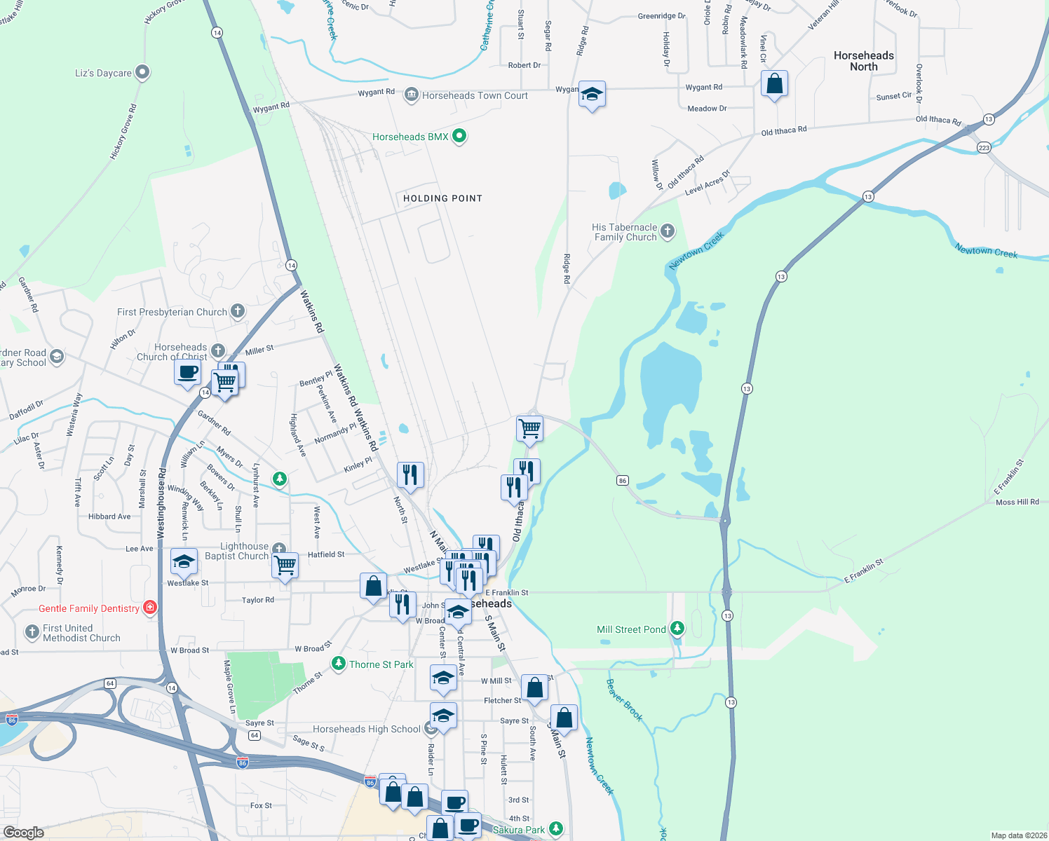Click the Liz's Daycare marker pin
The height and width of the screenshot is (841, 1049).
142,72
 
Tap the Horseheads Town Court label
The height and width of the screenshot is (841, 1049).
475,95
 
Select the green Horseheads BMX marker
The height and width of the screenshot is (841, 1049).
459,136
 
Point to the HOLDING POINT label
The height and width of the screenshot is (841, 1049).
442,198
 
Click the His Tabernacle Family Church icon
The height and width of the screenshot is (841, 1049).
668,231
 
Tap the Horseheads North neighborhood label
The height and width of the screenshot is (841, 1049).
863,61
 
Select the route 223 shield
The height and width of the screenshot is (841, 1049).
984,148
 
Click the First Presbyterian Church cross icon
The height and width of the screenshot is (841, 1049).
238,311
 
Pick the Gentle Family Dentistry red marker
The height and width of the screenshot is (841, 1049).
150,608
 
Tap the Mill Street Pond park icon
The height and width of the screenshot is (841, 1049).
677,629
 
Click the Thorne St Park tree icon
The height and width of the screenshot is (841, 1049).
339,663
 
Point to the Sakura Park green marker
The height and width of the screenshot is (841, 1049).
556,829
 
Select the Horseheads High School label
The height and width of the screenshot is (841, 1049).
366,729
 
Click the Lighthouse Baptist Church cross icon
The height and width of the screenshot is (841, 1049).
279,549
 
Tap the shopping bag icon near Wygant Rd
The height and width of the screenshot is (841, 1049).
774,84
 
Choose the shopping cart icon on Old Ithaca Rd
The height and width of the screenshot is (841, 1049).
529,428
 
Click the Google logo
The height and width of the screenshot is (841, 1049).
24,832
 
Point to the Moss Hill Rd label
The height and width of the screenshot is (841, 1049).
1017,502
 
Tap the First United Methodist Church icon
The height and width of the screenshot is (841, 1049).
32,632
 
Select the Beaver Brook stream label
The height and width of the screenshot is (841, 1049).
624,699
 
